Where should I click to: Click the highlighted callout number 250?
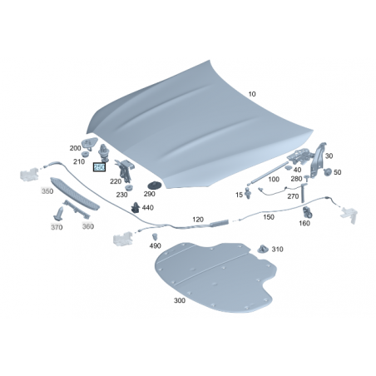tap(99, 167)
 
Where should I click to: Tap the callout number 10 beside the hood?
tap(252, 94)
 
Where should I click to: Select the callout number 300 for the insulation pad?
tap(180, 300)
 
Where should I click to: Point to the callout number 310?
tap(277, 250)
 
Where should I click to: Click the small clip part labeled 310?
tap(262, 249)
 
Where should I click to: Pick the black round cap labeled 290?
tap(152, 185)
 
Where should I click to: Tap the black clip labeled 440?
tap(136, 207)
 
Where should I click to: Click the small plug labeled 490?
tap(155, 237)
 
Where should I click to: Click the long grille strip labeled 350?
tap(74, 194)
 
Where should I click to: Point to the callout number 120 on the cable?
tap(198, 220)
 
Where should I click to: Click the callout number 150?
tap(269, 217)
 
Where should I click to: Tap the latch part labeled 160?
tap(307, 211)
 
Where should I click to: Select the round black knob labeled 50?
tap(328, 172)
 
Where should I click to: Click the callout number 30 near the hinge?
tap(329, 156)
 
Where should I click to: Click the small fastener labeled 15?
tap(248, 192)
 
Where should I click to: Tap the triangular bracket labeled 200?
tap(89, 144)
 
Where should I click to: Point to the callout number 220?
tap(116, 181)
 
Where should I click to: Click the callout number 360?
tap(88, 226)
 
